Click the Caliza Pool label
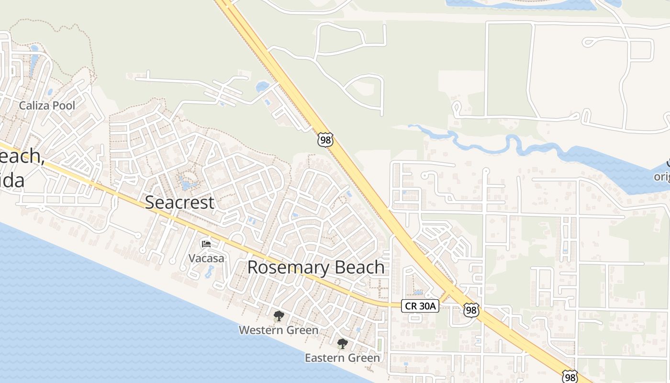pyautogui.click(x=47, y=105)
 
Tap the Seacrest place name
pyautogui.click(x=179, y=203)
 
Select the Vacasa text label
pyautogui.click(x=206, y=259)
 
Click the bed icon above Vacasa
pyautogui.click(x=206, y=244)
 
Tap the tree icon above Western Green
pyautogui.click(x=279, y=316)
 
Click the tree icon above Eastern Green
pyautogui.click(x=342, y=343)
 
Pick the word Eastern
pyautogui.click(x=324, y=358)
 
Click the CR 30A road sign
pyautogui.click(x=420, y=306)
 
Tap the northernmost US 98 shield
pyautogui.click(x=325, y=140)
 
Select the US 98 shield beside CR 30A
pyautogui.click(x=471, y=310)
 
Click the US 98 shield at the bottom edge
pyautogui.click(x=569, y=376)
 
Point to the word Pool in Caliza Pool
pyautogui.click(x=64, y=105)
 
